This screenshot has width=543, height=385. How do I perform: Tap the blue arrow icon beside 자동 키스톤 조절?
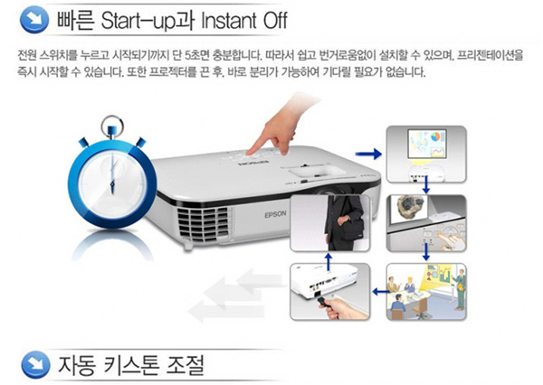point(35,364)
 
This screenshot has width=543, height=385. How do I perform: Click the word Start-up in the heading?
point(144,21)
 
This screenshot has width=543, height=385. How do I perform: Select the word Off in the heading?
point(275,20)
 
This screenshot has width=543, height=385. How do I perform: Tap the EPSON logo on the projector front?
point(276,214)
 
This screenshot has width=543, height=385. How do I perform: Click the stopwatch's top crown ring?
point(112,126)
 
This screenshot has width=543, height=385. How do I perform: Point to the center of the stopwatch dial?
point(112,183)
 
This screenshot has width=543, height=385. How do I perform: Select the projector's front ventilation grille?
point(204,223)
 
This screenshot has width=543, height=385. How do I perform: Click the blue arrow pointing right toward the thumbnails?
point(368,154)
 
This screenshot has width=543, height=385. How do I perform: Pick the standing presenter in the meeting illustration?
point(460,290)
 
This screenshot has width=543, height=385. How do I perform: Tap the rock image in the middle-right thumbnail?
point(411,207)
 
